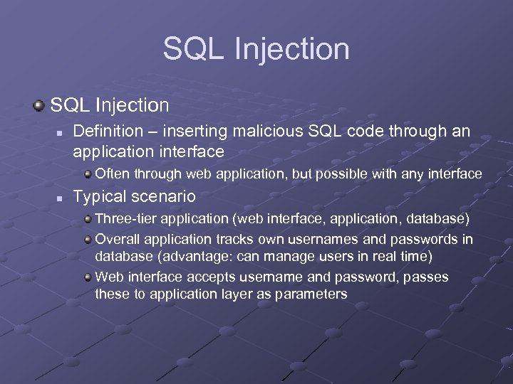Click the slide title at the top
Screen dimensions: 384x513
tap(256, 49)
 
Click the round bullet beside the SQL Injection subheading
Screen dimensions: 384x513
tap(39, 106)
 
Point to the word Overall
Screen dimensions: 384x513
tap(115, 239)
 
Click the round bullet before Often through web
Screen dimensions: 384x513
tap(88, 174)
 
